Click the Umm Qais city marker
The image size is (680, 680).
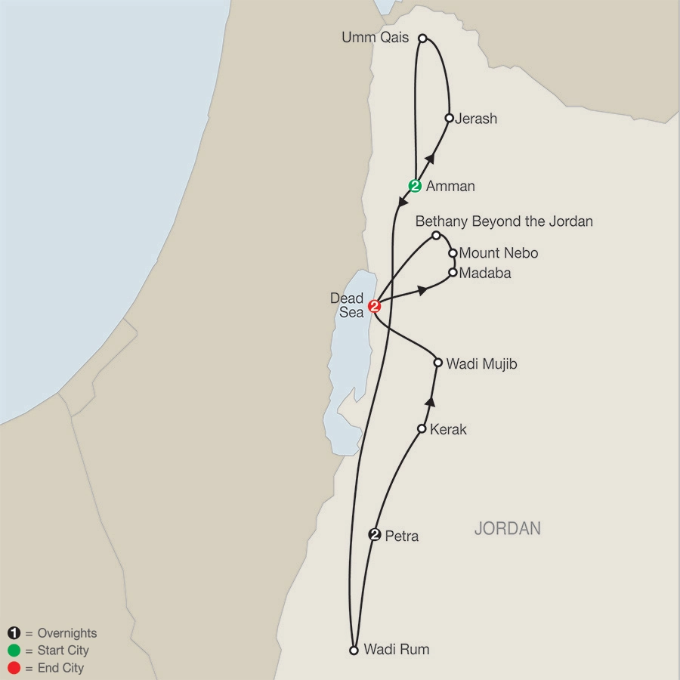423,38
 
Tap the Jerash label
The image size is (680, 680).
476,119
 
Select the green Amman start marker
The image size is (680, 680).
415,185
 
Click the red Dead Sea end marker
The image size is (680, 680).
374,306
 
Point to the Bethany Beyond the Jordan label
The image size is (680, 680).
504,221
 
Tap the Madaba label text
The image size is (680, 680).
485,274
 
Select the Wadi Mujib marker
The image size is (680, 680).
437,363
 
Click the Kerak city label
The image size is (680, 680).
448,430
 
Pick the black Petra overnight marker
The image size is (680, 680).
374,535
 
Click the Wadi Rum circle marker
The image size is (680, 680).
354,649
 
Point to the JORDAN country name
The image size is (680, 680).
507,529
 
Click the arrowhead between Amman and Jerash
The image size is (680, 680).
431,156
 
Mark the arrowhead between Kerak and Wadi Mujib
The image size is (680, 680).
431,400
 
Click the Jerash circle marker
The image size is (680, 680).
450,118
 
